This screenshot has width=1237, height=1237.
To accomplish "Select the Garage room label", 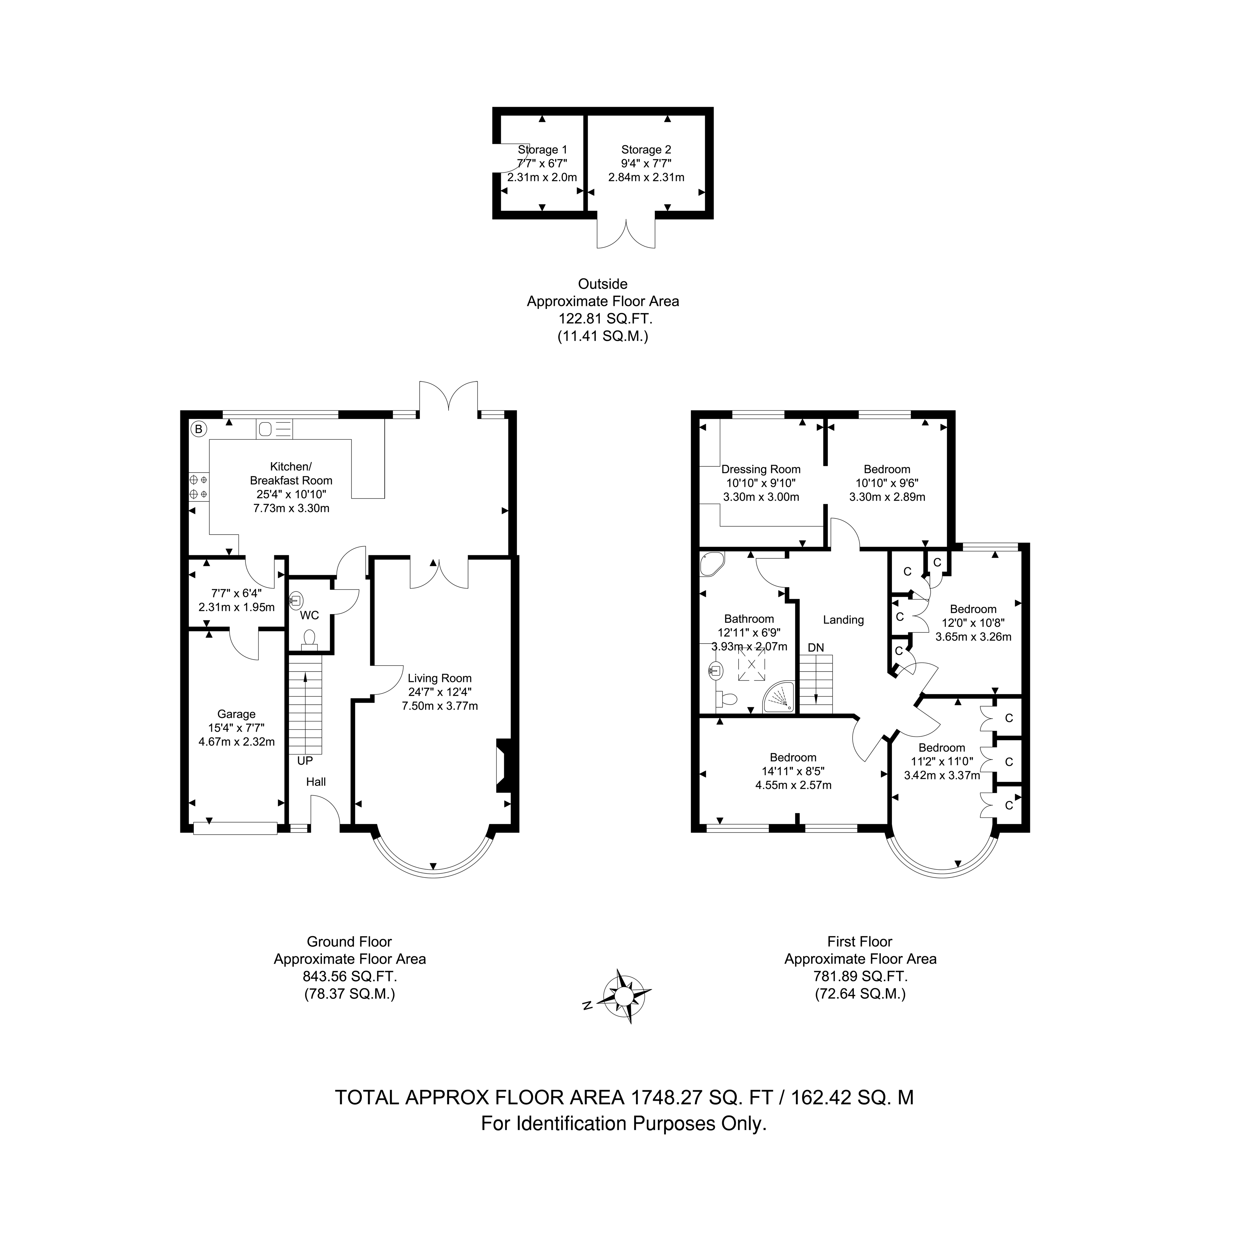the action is tap(236, 714).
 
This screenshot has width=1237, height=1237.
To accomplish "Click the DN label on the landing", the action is tap(816, 648).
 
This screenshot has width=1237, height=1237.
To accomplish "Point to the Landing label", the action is tap(843, 620).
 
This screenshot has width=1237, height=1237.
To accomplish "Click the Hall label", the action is tap(316, 782).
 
